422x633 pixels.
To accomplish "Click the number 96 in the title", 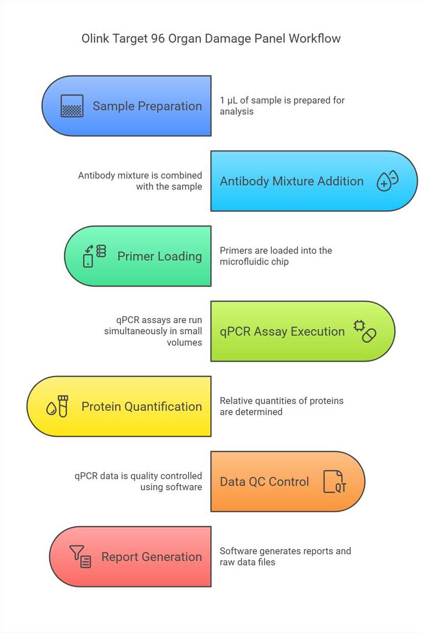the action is pos(157,38).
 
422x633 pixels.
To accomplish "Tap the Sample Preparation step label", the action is pos(147,106).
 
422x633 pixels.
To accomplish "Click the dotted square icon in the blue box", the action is pos(72,106).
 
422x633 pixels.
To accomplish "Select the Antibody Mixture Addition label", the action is pos(292,182).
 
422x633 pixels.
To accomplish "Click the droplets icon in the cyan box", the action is pos(388,180).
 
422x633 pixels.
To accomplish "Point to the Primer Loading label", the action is pos(159,256).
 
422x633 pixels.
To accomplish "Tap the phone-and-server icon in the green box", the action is pos(95,256).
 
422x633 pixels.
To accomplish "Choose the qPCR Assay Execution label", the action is pos(283,331).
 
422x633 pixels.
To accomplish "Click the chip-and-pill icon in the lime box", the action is pos(365,331).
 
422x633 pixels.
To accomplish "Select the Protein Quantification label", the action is pos(142,406).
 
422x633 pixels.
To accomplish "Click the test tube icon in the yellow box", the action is pos(63,406).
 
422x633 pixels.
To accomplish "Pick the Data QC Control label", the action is pos(264,482).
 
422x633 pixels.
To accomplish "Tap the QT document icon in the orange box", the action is pos(335,482).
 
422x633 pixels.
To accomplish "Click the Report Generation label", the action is pos(152,557).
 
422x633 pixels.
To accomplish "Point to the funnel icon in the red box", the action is pos(77,552).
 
